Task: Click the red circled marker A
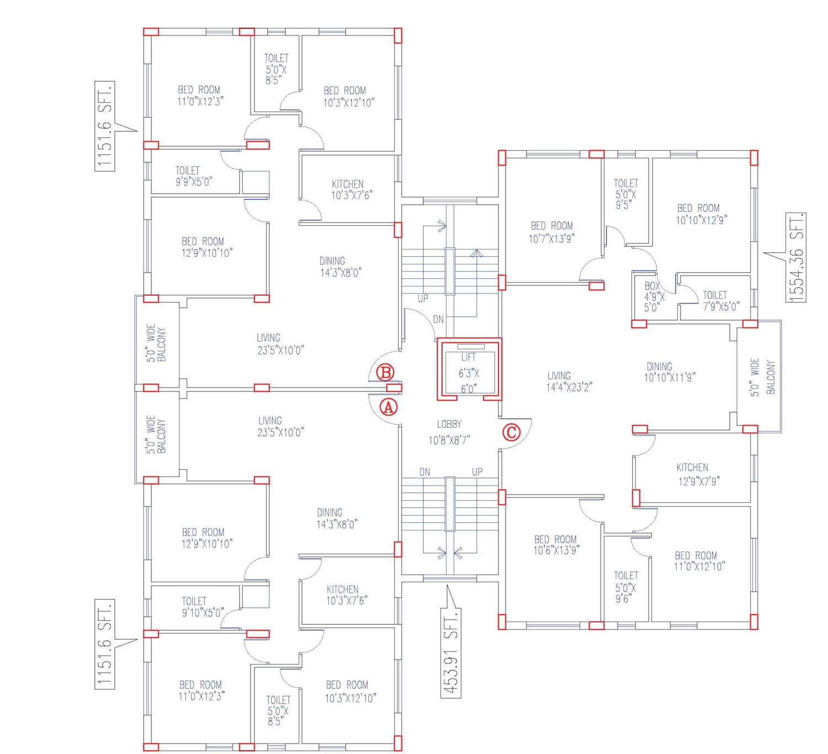click(x=388, y=407)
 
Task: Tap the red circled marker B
click(x=385, y=373)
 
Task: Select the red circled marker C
click(x=511, y=432)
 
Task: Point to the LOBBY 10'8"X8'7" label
click(x=449, y=432)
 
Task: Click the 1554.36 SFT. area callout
click(x=796, y=258)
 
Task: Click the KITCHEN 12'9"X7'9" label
click(x=698, y=474)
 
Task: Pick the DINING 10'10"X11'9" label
click(x=670, y=371)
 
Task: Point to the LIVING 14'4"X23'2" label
click(x=569, y=381)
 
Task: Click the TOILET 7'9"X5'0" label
click(x=721, y=301)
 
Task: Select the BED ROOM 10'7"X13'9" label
click(x=552, y=232)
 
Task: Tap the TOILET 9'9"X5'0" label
click(x=194, y=176)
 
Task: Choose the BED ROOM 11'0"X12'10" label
click(x=699, y=561)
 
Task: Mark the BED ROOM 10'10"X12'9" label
click(x=701, y=214)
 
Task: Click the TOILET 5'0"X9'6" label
click(x=626, y=587)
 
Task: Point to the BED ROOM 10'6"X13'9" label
click(x=556, y=545)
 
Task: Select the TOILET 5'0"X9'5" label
click(x=626, y=194)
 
